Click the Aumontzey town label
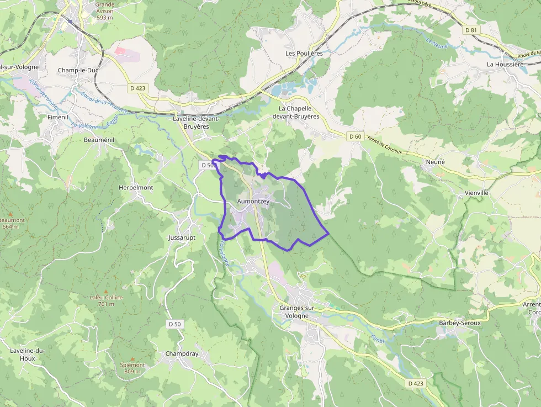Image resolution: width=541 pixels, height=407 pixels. point(253,202)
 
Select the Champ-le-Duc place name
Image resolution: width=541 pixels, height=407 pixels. point(78,70)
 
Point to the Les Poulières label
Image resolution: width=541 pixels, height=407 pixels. point(304,54)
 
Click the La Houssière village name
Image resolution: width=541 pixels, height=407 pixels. point(505,64)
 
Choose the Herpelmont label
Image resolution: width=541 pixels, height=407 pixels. point(136,188)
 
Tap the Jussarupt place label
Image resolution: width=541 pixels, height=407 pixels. point(182,237)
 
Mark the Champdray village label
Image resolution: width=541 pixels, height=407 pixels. point(182,353)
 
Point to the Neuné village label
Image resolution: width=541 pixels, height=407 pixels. point(436,162)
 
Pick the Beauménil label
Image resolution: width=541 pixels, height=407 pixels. point(99,140)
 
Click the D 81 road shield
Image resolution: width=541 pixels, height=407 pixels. point(471,30)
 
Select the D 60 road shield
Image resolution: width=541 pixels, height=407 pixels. point(354,136)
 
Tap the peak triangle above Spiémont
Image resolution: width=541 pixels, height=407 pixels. point(132,358)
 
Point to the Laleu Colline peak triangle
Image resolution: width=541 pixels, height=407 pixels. point(106,290)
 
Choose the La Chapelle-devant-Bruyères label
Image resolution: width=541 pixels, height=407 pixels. point(299,113)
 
